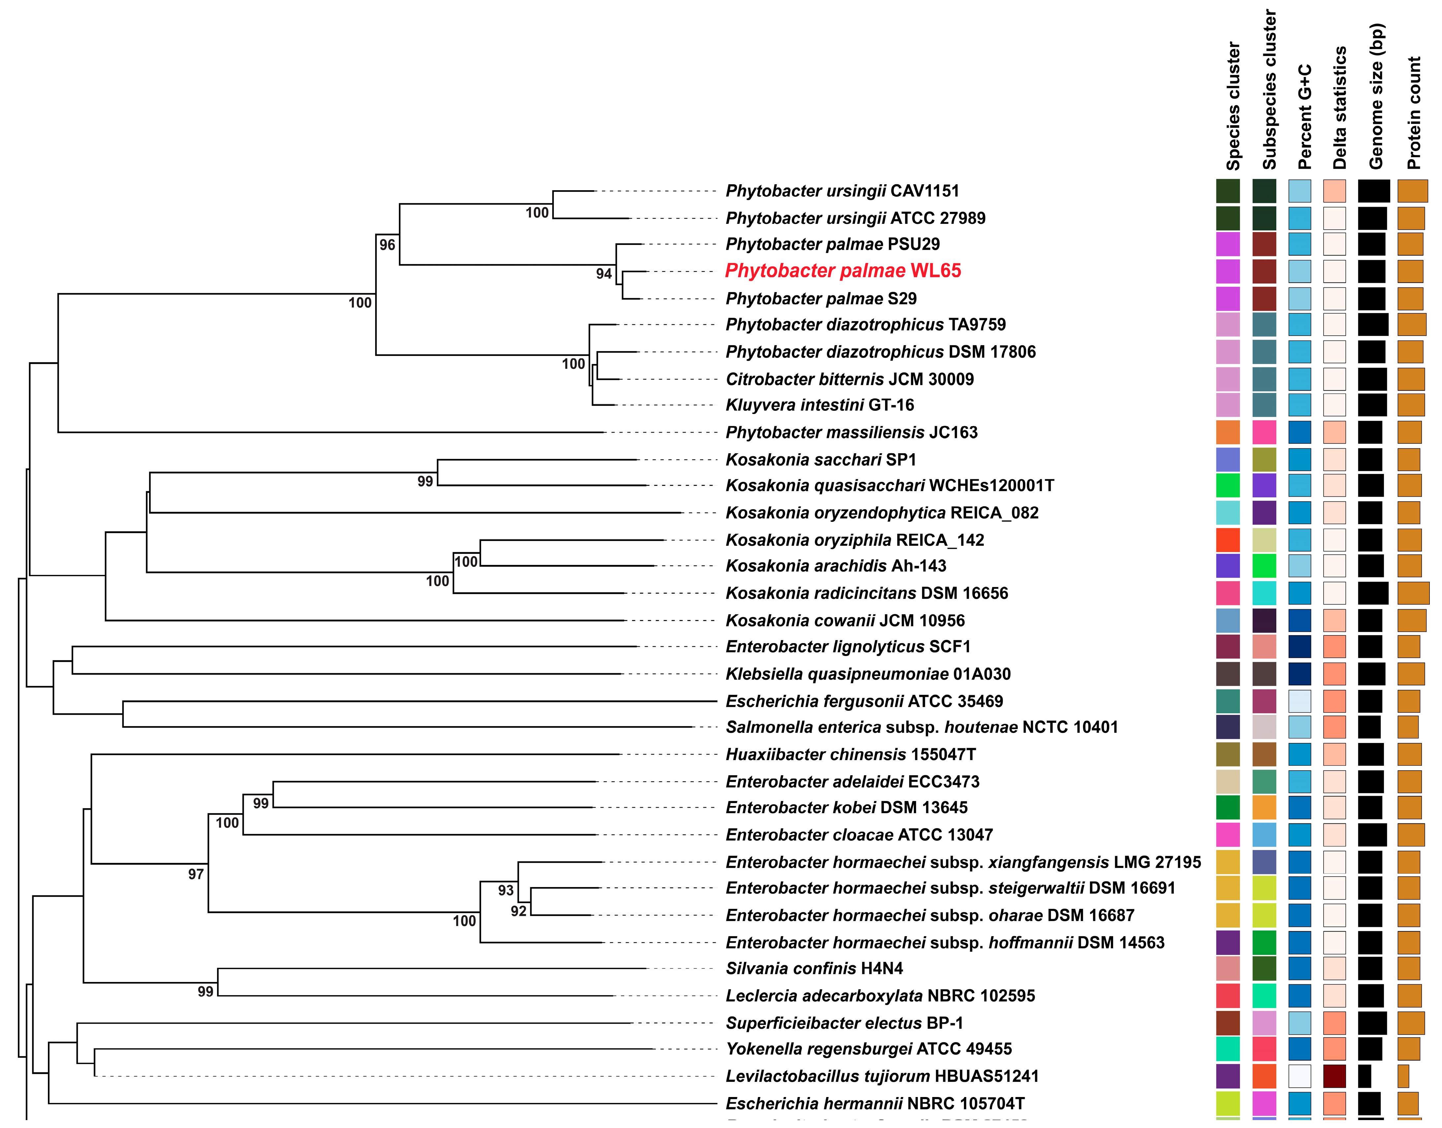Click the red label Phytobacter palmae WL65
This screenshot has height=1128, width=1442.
[843, 271]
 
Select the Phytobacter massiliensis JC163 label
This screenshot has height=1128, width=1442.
[851, 432]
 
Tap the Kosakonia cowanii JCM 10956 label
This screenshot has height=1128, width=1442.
[845, 621]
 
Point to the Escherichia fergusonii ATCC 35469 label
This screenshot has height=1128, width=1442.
[864, 701]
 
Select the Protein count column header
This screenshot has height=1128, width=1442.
[1413, 112]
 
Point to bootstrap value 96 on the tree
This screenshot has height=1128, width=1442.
[387, 245]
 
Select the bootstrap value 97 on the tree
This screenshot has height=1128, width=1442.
[196, 875]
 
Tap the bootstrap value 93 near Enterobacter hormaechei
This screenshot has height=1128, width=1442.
[505, 890]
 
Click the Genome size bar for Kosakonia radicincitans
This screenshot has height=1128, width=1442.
[1373, 593]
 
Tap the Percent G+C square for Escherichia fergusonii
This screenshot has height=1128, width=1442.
[1299, 701]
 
